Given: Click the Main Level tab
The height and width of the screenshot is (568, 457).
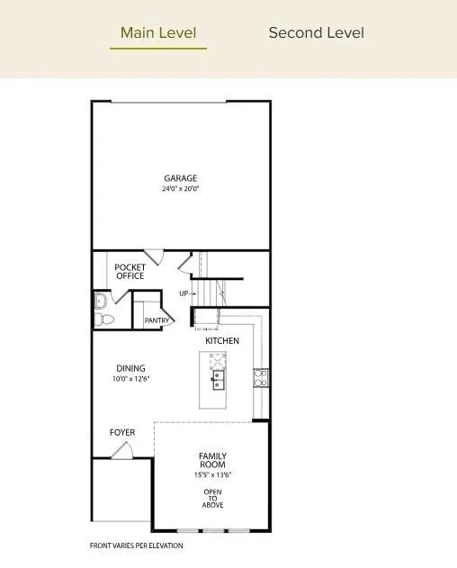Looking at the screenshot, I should (158, 33).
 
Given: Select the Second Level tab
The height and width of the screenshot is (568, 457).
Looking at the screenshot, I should (317, 33).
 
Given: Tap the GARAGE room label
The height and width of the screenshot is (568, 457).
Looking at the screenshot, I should (181, 178).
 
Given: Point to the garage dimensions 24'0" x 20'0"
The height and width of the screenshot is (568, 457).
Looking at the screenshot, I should (181, 190).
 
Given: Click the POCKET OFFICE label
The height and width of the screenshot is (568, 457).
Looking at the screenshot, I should (130, 271).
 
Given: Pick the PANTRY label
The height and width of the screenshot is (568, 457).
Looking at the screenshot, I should (157, 320).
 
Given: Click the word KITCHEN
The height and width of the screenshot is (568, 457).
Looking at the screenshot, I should (222, 341).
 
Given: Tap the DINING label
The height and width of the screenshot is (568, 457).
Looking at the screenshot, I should (130, 368).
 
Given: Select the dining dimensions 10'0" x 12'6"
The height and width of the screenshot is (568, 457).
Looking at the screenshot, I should (130, 379).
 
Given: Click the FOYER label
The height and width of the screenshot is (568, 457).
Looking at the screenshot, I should (122, 433).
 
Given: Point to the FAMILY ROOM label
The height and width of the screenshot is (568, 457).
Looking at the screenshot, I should (212, 460).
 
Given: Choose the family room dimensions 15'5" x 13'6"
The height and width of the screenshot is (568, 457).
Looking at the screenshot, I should (212, 475).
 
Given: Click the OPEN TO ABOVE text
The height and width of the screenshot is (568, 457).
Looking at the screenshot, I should (212, 498).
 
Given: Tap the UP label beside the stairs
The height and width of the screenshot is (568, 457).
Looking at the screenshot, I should (184, 293).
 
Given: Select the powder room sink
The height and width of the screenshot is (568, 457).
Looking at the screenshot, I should (100, 301).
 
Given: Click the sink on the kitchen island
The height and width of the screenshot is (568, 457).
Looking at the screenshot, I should (218, 382).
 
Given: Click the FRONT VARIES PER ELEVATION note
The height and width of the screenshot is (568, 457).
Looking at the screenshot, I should (136, 545).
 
